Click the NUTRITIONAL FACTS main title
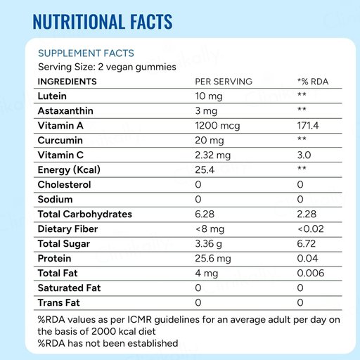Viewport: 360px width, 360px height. (103, 22)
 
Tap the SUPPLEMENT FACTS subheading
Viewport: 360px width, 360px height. (86, 53)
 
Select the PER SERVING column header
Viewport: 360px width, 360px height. (224, 82)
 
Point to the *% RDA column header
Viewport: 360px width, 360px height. (313, 82)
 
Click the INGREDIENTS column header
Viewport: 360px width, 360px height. (67, 82)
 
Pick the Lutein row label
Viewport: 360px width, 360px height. (52, 96)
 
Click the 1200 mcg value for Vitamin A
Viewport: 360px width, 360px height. (217, 126)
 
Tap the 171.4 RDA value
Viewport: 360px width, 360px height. (308, 126)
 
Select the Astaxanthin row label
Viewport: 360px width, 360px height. (65, 111)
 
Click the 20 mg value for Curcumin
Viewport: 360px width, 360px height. (210, 141)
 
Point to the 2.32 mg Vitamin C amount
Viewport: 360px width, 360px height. (213, 155)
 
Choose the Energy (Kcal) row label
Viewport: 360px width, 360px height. (69, 170)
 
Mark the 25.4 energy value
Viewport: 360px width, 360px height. (205, 170)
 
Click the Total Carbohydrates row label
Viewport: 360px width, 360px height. (85, 214)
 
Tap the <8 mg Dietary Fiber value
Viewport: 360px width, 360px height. (210, 229)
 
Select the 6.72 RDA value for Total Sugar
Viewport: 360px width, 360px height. (307, 244)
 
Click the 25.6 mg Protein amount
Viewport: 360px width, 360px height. (213, 259)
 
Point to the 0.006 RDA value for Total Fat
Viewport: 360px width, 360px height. (311, 274)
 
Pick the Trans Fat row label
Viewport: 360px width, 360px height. (59, 303)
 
